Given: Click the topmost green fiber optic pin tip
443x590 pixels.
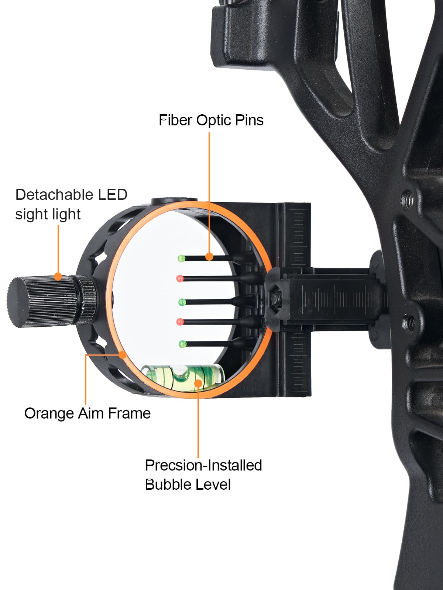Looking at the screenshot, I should (x=181, y=258).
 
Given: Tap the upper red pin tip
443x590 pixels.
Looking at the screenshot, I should (x=180, y=278).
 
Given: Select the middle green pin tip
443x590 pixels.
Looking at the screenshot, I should (x=182, y=302).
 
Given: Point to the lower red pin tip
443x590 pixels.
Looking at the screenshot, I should (x=180, y=322).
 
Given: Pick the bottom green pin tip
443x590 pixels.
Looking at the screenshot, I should (x=182, y=344).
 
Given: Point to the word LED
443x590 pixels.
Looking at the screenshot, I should (x=112, y=195).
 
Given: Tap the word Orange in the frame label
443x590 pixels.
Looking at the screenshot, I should (x=49, y=413).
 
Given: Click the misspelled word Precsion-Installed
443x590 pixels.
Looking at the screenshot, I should (x=203, y=465).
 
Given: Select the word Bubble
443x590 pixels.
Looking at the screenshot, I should (x=168, y=485).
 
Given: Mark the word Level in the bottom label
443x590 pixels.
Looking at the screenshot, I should (x=214, y=485).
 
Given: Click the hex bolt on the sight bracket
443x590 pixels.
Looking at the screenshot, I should (x=276, y=297).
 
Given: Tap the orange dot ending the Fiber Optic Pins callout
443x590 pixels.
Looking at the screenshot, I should (x=209, y=257).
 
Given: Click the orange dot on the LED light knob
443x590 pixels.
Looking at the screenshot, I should (x=58, y=277).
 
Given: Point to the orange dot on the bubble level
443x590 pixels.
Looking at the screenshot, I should (x=198, y=383).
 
